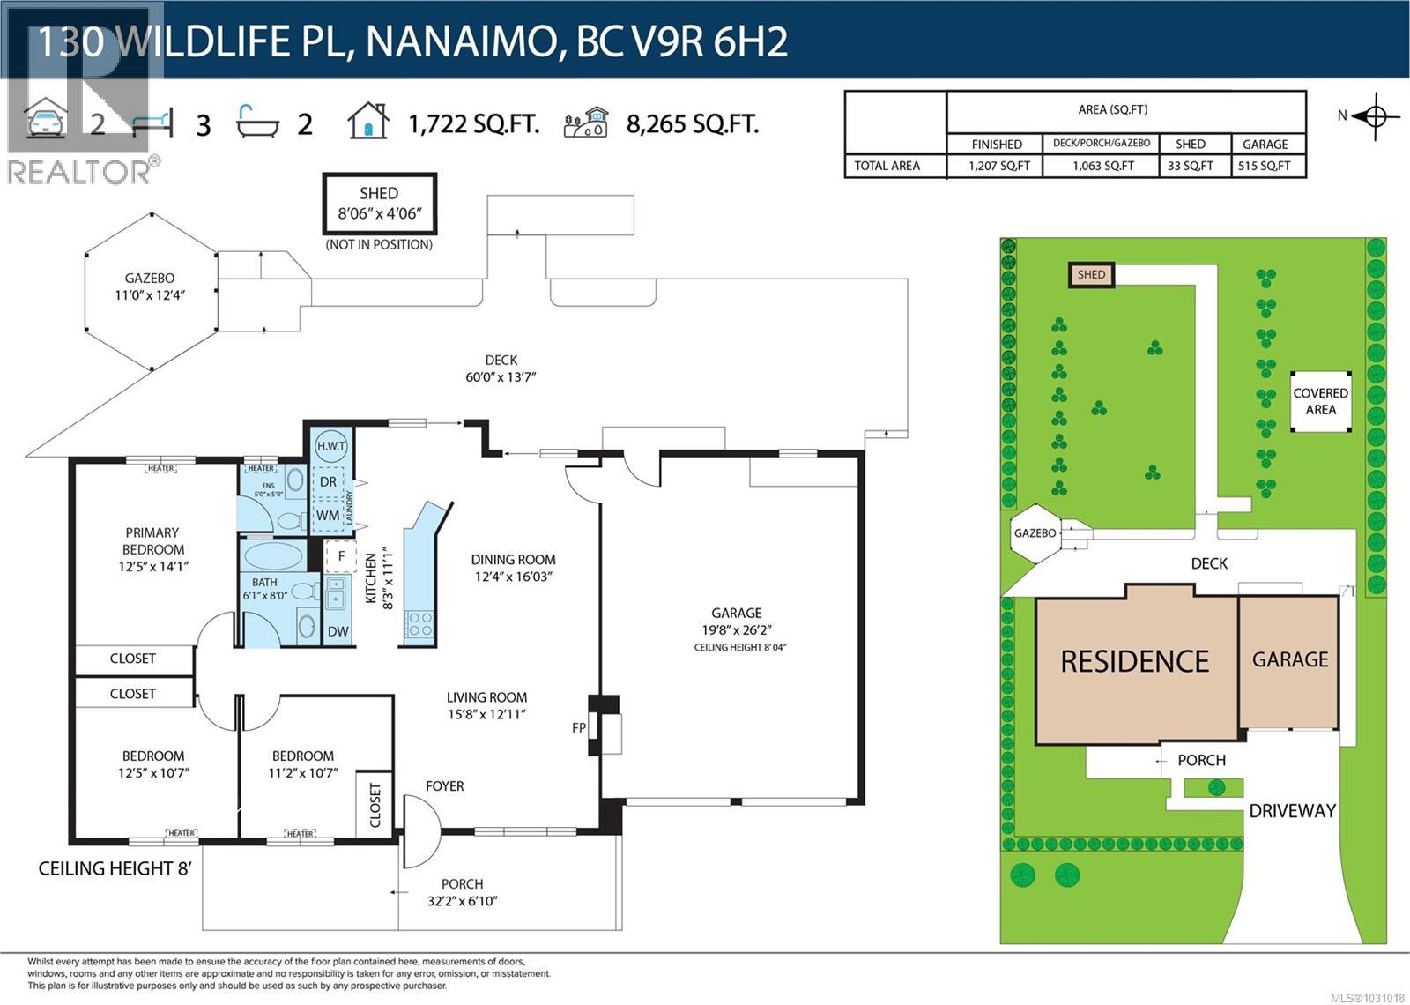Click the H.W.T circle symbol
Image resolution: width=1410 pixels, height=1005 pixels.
[331, 446]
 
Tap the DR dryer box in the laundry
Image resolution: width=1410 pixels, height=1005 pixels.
[329, 482]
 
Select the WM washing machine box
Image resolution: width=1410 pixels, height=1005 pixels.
[328, 515]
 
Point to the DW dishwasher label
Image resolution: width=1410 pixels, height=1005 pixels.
[338, 631]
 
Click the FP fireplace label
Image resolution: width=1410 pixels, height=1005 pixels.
[579, 727]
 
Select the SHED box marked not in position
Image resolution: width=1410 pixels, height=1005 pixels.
[379, 204]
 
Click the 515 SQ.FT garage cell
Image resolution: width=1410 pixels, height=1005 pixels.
[1264, 166]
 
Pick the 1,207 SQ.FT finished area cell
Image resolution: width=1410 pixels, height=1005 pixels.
[998, 166]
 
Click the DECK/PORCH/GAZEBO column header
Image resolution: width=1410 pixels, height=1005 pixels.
[1101, 143]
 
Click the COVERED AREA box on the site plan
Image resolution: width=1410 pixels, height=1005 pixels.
[1320, 401]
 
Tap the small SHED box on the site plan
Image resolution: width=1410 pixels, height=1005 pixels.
[1091, 274]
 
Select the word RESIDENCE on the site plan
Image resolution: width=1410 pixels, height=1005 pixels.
[1134, 661]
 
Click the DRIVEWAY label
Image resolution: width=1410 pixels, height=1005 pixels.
[1292, 811]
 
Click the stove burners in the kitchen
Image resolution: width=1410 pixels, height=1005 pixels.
[419, 624]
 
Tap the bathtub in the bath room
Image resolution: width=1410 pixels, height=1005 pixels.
[274, 555]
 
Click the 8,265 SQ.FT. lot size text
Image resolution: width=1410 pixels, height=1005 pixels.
[692, 124]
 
